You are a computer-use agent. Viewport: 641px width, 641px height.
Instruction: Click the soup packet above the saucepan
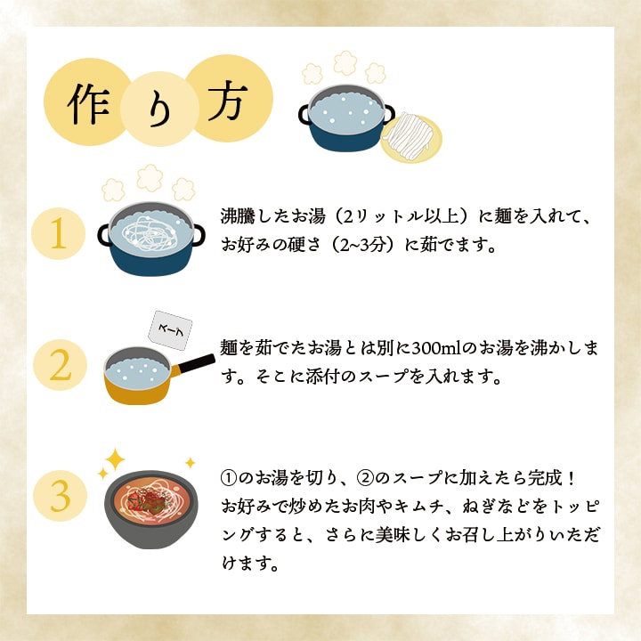pyautogui.click(x=169, y=329)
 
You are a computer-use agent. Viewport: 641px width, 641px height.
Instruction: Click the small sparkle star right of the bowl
pyautogui.click(x=190, y=463)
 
